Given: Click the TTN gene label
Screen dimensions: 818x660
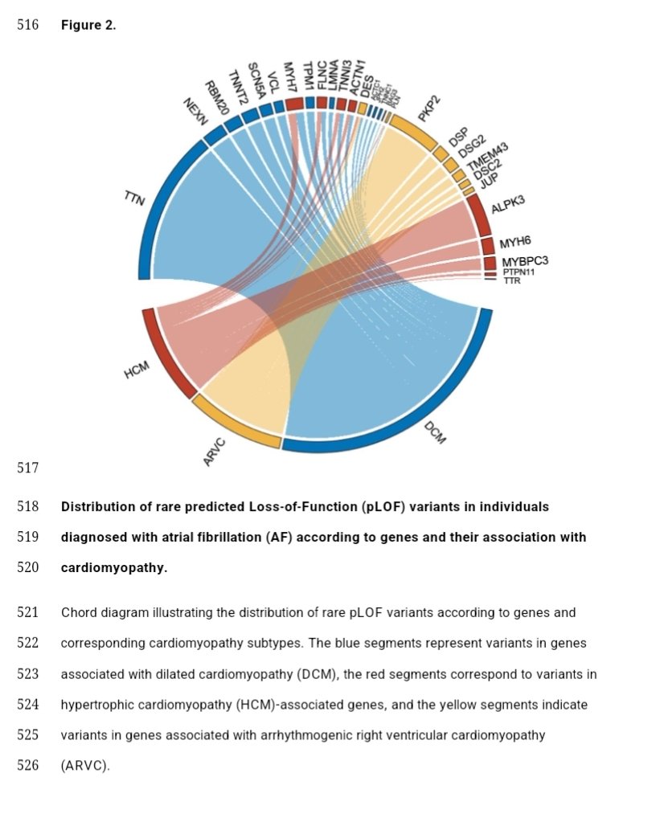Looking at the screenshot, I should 134,198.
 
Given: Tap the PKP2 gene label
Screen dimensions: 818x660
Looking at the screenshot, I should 430,108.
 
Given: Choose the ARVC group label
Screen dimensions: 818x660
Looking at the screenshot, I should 215,452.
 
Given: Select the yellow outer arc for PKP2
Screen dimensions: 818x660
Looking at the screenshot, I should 413,132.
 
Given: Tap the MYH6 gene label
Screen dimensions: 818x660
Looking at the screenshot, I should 515,243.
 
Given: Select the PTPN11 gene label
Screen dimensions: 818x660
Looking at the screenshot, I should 519,272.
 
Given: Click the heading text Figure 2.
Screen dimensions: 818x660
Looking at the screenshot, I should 88,25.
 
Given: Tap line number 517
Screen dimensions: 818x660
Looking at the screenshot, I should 28,467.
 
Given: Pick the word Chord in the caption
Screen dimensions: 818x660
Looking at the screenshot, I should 78,612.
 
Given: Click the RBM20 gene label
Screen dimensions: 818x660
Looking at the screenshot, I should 215,97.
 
